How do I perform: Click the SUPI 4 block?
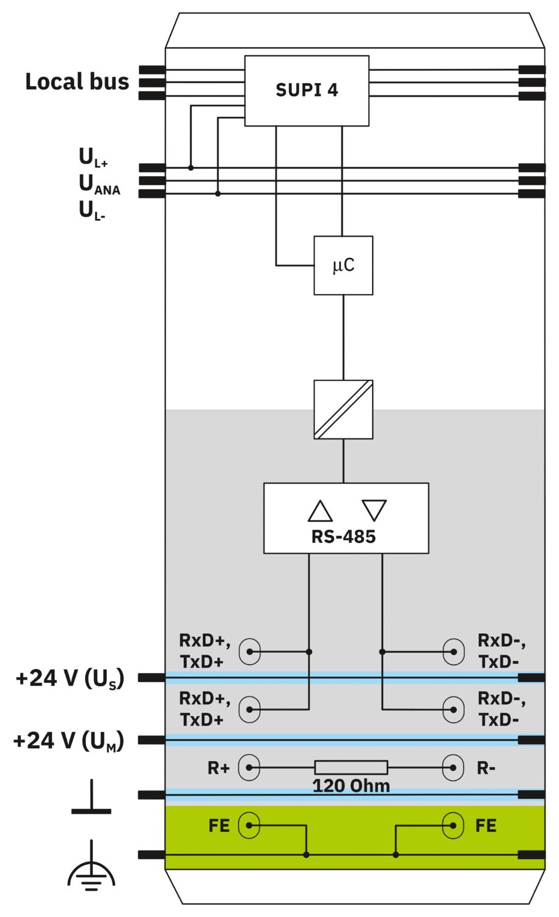point(307,90)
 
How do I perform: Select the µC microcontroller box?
point(343,265)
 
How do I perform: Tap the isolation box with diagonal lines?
point(343,410)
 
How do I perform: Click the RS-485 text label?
point(343,537)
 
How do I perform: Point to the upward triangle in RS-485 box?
point(320,511)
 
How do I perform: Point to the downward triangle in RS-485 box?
point(374,509)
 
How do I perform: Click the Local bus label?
point(77,81)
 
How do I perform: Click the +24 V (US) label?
point(70,678)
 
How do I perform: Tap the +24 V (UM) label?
point(68,740)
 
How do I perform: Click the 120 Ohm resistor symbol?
point(351,767)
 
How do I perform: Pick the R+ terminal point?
point(249,767)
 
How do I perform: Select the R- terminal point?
point(453,767)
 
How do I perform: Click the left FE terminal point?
point(249,825)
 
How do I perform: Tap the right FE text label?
point(486,826)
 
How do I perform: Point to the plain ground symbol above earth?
point(91,798)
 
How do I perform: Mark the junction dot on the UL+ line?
point(191,168)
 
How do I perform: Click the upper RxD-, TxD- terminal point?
point(453,652)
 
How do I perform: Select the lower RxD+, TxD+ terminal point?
point(249,709)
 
